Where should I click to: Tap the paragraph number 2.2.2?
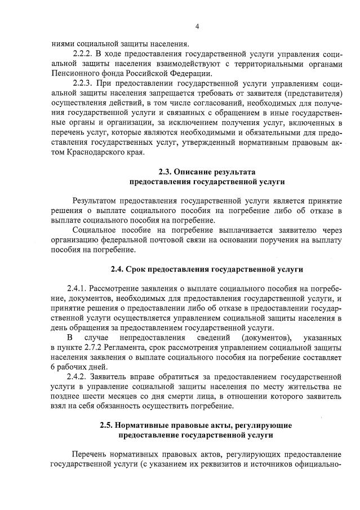(85, 53)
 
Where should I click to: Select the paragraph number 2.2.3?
(85, 83)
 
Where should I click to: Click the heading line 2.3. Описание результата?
(207, 171)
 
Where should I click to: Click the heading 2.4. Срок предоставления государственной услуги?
(207, 269)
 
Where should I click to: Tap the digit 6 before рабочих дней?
(52, 368)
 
